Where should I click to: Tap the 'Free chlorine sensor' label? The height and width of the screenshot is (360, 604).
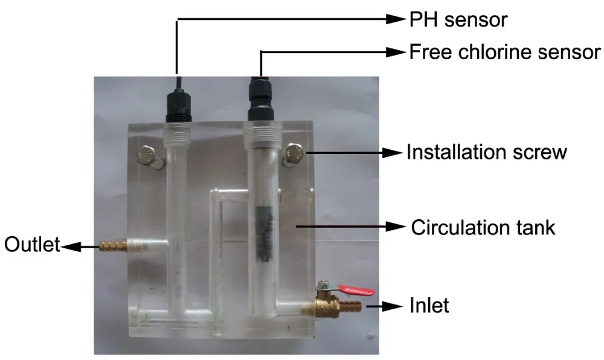506,52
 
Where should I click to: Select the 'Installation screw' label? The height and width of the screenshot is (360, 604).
487,152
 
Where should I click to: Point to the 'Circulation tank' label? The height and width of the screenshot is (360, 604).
483,228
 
